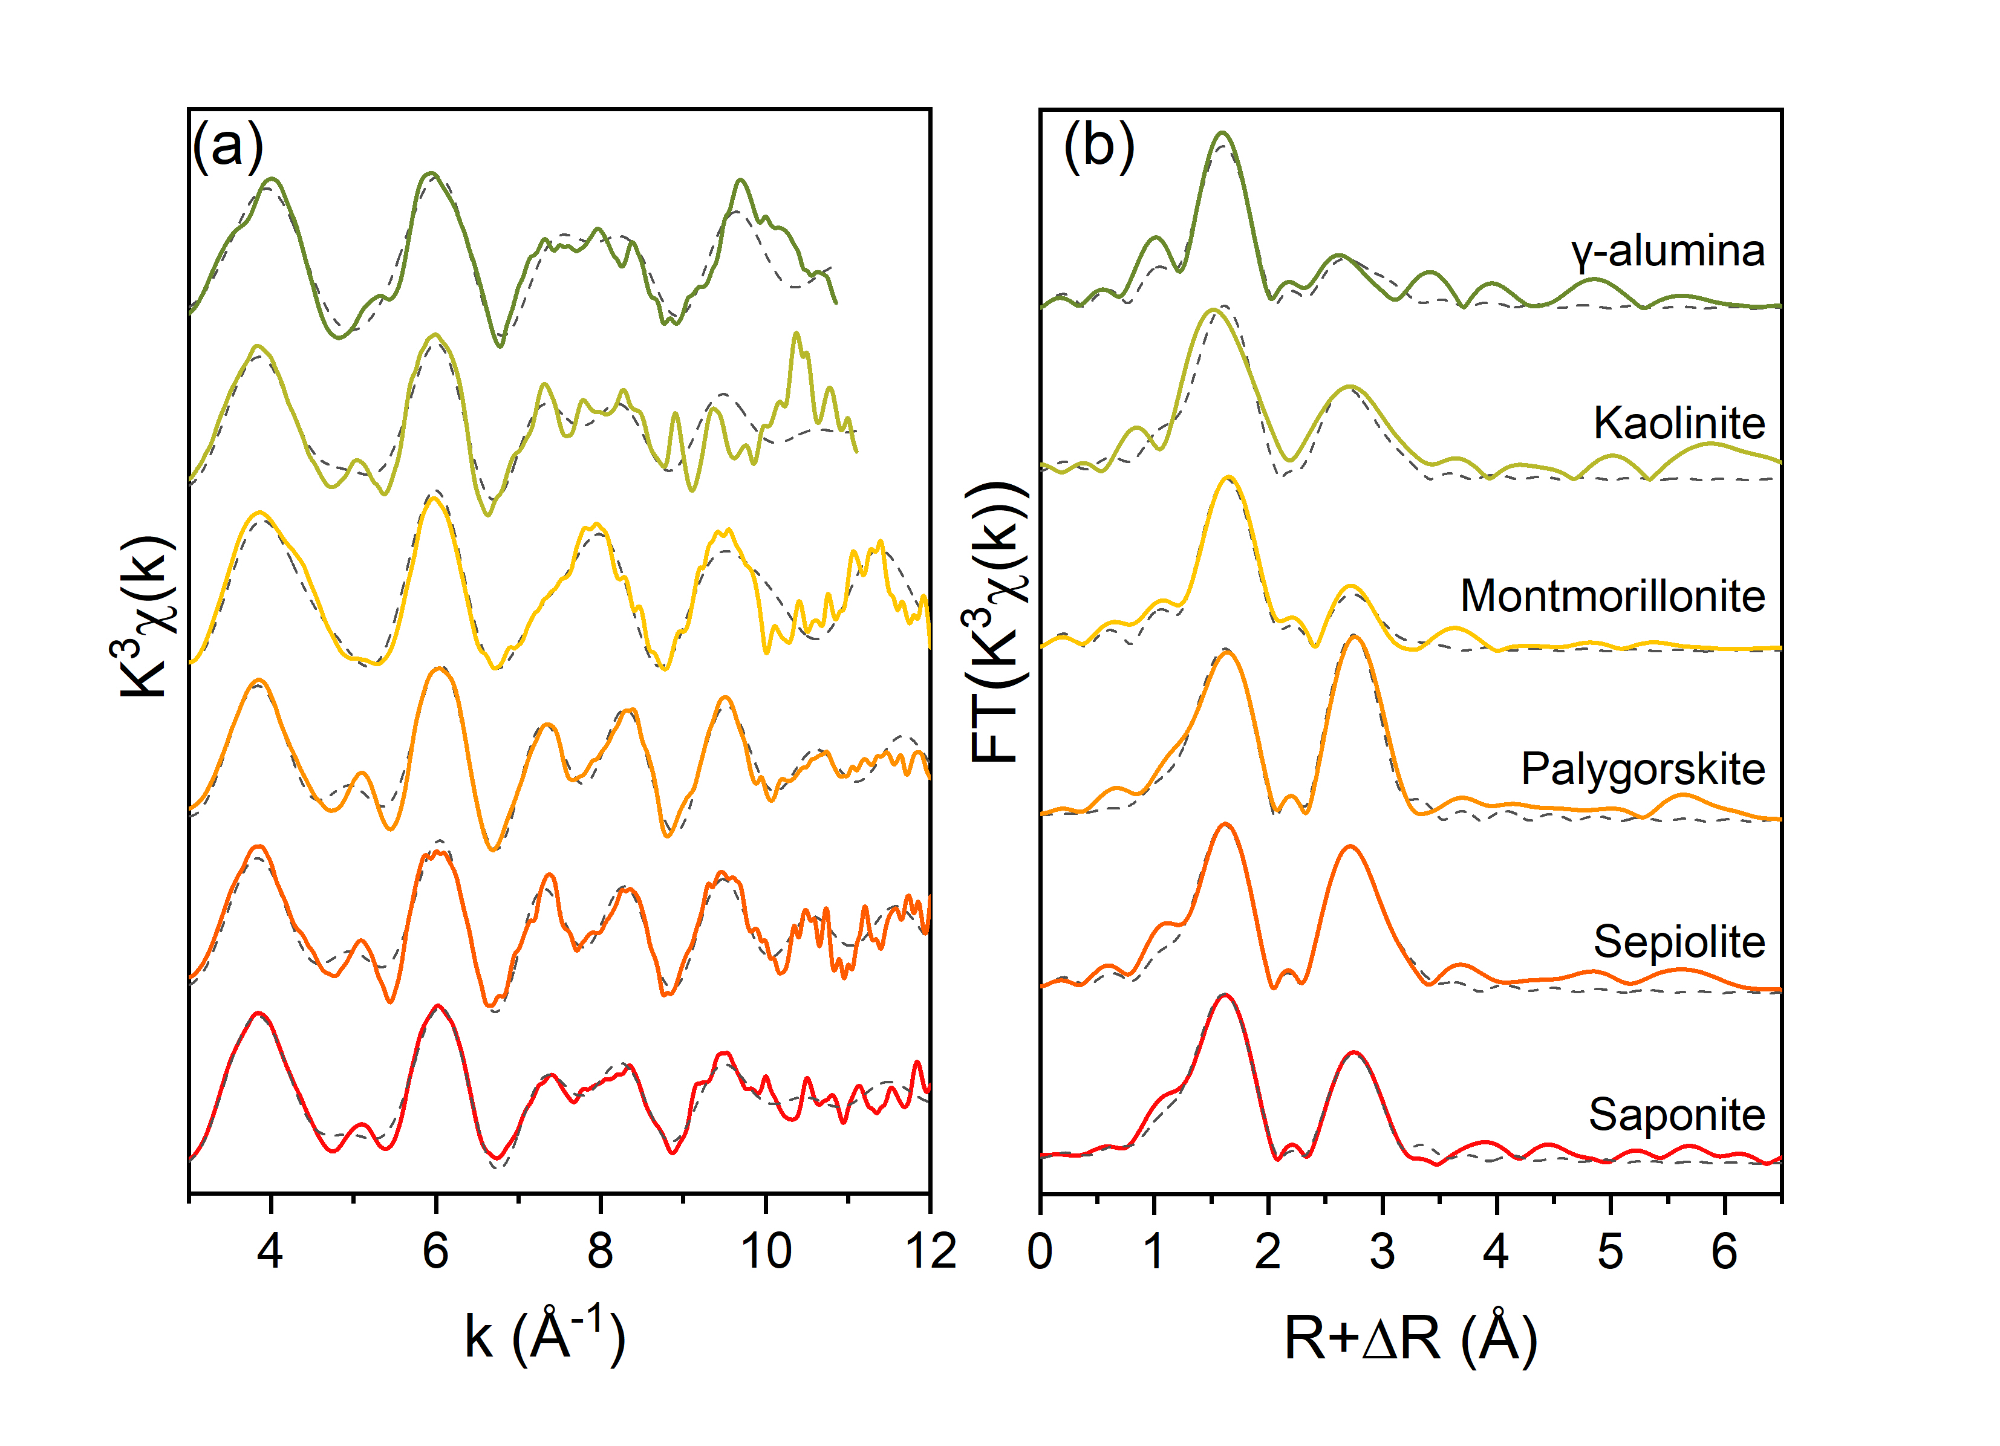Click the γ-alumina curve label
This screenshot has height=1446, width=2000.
[x=1667, y=251]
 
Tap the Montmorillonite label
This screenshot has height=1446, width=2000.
[x=1612, y=596]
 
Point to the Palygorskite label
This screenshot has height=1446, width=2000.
[x=1642, y=769]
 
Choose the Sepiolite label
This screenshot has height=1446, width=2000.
[x=1678, y=942]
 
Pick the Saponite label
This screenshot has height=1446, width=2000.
[x=1676, y=1115]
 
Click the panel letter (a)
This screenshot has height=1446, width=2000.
[x=227, y=146]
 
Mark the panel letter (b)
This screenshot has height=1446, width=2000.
[x=1099, y=146]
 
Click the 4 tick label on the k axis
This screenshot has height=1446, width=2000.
[x=270, y=1250]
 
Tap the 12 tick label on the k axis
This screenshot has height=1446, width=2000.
[x=930, y=1250]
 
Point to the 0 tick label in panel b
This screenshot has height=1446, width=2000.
[x=1041, y=1250]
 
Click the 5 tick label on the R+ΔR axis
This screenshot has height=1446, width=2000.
[x=1611, y=1250]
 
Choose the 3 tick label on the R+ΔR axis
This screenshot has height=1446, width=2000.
[x=1382, y=1250]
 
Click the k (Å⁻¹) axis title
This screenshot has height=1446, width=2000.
[x=545, y=1337]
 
